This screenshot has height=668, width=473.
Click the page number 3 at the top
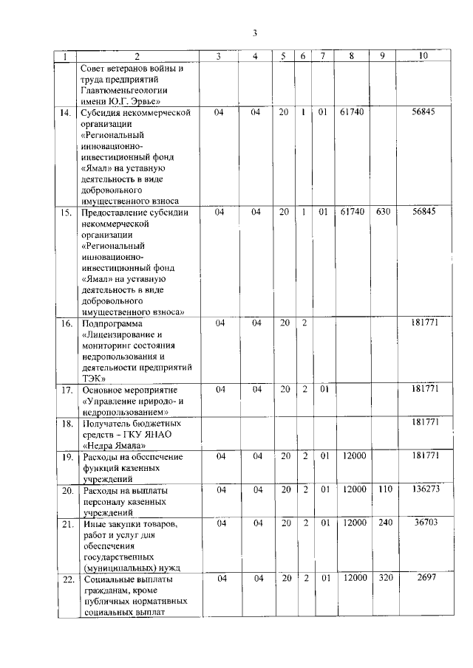click(x=253, y=32)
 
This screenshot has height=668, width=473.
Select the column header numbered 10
click(x=423, y=56)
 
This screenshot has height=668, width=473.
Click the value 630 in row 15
click(x=384, y=212)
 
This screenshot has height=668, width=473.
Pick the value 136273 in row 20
click(x=422, y=489)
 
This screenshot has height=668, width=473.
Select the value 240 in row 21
click(x=384, y=523)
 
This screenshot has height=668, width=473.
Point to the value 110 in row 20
click(x=384, y=489)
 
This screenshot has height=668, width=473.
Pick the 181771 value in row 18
click(x=422, y=424)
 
